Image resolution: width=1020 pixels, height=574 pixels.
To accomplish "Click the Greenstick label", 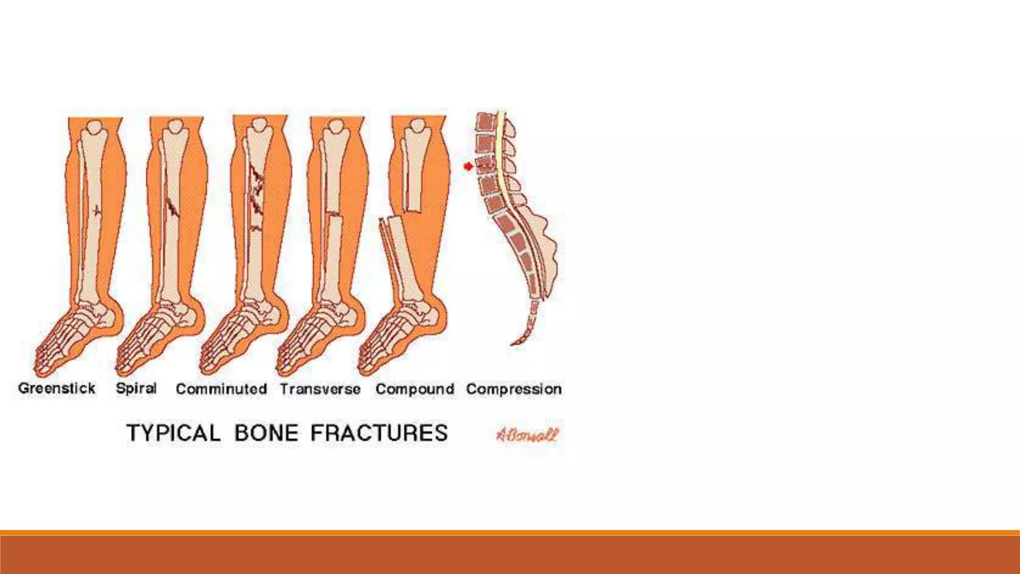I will [56, 388].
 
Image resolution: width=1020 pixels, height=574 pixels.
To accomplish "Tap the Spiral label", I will [136, 388].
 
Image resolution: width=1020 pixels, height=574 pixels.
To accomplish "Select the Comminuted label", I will [221, 389].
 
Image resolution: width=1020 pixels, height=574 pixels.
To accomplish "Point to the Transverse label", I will [320, 389].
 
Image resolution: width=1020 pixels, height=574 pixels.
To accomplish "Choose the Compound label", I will [415, 389].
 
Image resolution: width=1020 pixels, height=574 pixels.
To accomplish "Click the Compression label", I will [513, 389].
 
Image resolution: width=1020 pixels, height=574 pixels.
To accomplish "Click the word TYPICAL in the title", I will [173, 432].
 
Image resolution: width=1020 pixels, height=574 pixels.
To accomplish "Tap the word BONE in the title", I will [266, 432].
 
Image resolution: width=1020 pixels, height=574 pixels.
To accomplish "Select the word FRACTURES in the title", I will [379, 432].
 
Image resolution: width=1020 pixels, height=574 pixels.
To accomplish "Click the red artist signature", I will [527, 435].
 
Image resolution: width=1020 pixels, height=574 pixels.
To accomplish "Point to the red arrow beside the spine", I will [468, 166].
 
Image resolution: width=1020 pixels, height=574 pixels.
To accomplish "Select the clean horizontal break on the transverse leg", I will [335, 215].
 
